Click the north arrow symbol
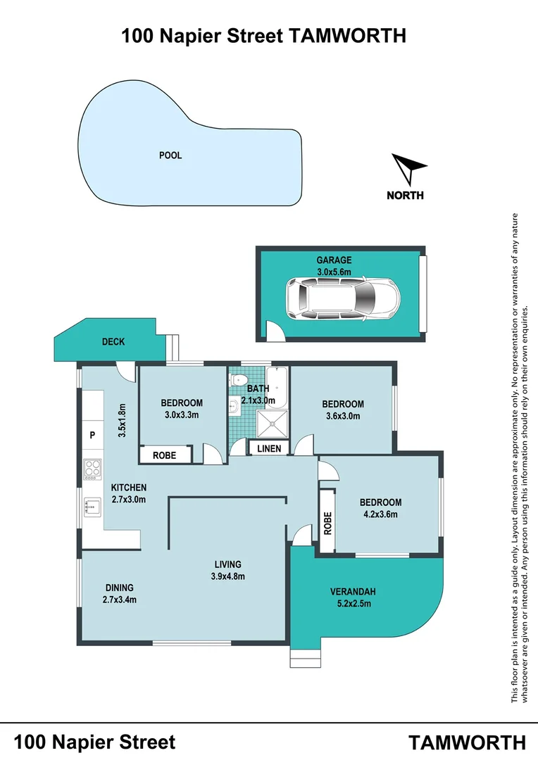[407, 170]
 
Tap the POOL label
[170, 155]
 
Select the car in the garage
[342, 297]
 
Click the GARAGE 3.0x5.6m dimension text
[334, 271]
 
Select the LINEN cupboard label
[269, 448]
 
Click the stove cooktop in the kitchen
[92, 469]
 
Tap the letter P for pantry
[92, 436]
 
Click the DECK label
[113, 342]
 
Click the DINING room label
[119, 588]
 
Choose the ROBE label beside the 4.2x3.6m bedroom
[327, 521]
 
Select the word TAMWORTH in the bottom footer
[467, 742]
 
